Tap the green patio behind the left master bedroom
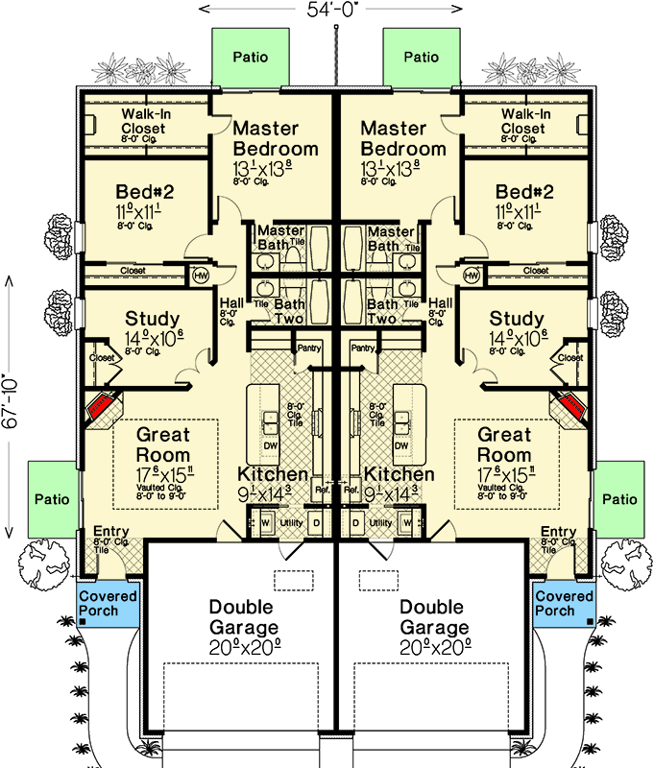(249, 57)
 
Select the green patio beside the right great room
(620, 499)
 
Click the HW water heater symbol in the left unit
(201, 276)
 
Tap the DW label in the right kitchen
(401, 445)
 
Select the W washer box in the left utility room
(265, 522)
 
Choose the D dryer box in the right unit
(356, 522)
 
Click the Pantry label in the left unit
(308, 349)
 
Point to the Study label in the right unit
(517, 318)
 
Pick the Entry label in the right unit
(558, 533)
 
